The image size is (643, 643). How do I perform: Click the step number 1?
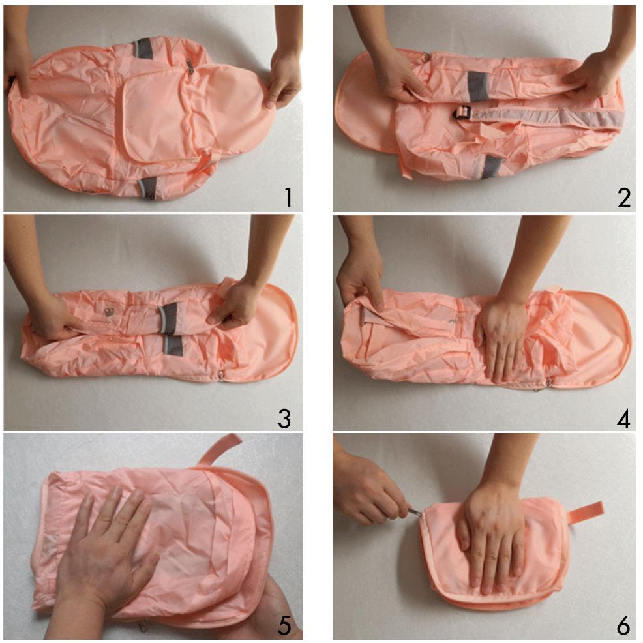288,197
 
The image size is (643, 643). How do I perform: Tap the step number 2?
623,198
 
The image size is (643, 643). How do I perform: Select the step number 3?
284,419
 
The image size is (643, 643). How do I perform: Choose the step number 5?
284,626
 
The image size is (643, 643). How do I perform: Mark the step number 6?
623,626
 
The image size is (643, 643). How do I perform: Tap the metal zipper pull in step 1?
190,66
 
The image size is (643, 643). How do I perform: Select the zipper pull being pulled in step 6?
414,511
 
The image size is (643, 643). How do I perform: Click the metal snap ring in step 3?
109,312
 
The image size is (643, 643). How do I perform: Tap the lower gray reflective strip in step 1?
147,188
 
